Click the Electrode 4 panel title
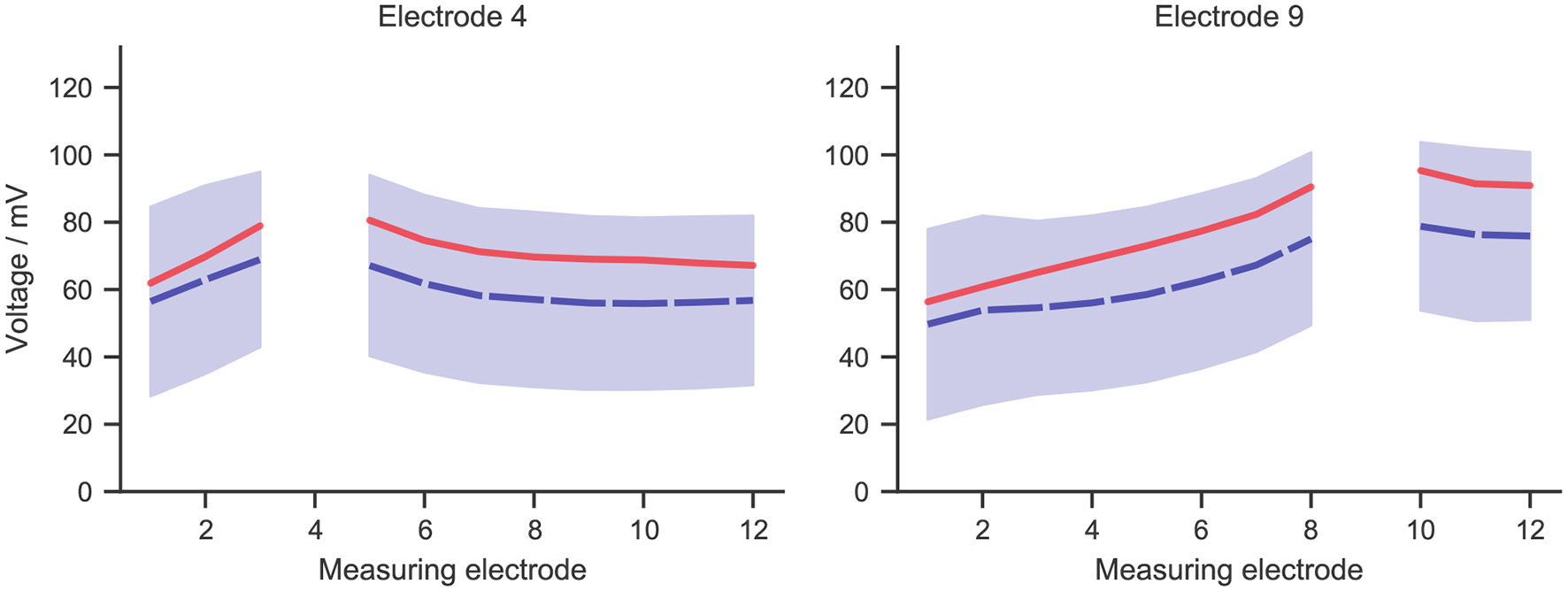tap(451, 17)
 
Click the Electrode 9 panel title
tap(1228, 17)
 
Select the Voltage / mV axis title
tap(18, 269)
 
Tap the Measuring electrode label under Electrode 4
tap(451, 570)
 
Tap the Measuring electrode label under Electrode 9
tap(1228, 570)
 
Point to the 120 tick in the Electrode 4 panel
tap(72, 88)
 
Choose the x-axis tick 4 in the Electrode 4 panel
tap(315, 530)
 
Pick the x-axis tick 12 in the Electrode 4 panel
tap(753, 530)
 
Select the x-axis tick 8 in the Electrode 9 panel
tap(1311, 530)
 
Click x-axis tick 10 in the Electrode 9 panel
tap(1420, 530)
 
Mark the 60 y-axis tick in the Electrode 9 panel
tap(853, 289)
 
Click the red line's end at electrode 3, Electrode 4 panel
tap(260, 226)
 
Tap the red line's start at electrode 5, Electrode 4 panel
tap(369, 219)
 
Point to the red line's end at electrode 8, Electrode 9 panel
tap(1311, 187)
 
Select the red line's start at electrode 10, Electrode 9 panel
tap(1420, 170)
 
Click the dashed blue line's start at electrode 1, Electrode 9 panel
tap(927, 325)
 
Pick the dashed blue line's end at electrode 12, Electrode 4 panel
tap(752, 301)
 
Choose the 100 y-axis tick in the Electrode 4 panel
tap(72, 155)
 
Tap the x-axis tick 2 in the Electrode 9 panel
tap(982, 530)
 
